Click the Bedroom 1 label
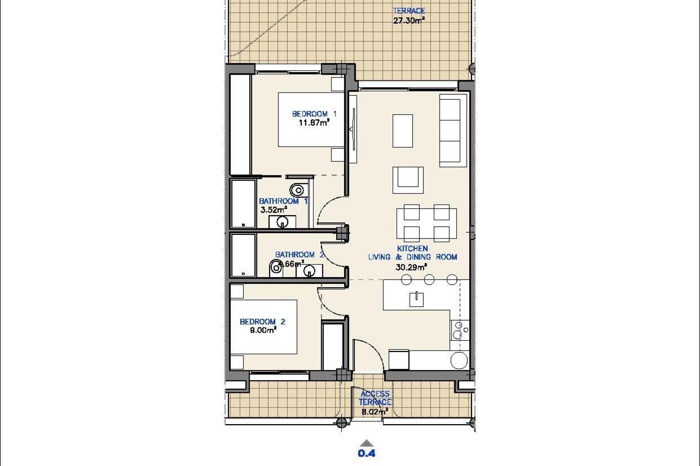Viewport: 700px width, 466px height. (x=314, y=114)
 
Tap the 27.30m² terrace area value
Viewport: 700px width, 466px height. (x=409, y=21)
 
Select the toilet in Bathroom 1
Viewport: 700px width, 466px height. (x=297, y=190)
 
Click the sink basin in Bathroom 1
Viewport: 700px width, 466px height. (x=282, y=221)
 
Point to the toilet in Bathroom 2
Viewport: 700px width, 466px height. (x=276, y=268)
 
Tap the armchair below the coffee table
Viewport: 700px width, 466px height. (x=408, y=180)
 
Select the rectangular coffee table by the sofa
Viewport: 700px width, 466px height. (x=402, y=131)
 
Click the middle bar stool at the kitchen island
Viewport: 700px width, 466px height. (x=429, y=280)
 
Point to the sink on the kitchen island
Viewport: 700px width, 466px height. (x=416, y=299)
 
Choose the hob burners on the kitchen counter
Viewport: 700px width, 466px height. (x=459, y=330)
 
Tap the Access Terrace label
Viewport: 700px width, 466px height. (x=375, y=398)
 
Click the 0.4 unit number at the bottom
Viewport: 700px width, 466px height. (x=366, y=454)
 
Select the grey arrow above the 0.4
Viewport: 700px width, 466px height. (x=367, y=443)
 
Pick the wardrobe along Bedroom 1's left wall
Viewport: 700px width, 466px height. (x=240, y=125)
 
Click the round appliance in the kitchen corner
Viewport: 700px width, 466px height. (x=459, y=360)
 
